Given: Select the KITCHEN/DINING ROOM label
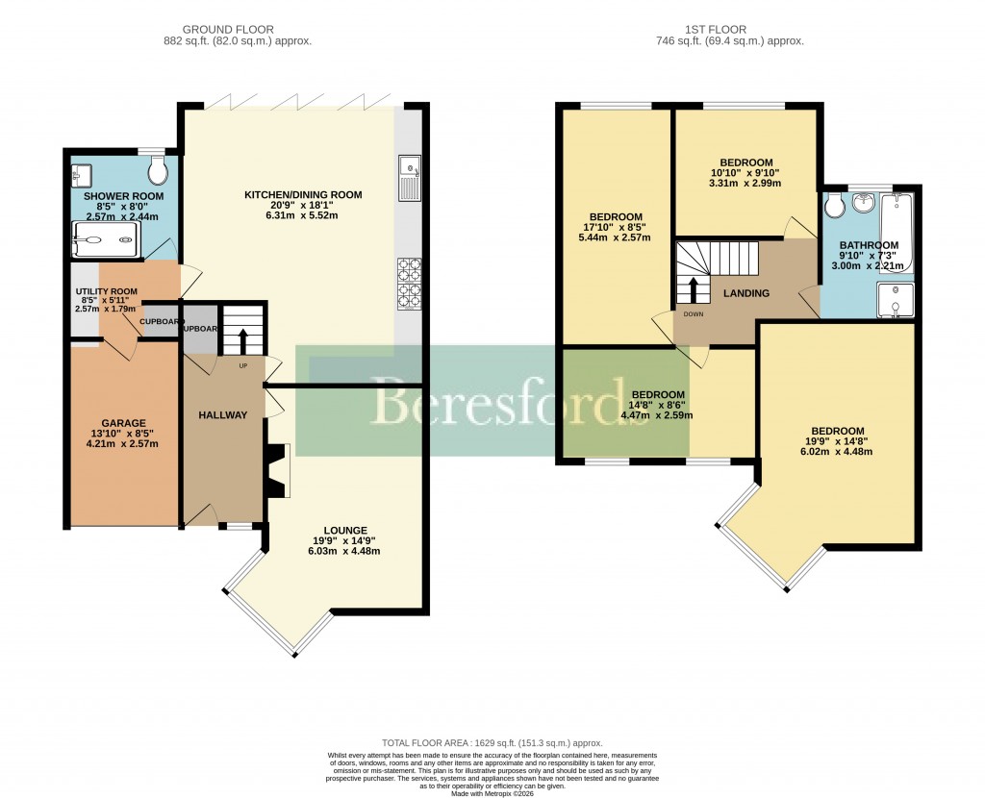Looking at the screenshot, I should click(303, 195).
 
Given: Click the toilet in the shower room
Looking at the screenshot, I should click(159, 172).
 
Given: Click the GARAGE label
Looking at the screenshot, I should click(123, 423).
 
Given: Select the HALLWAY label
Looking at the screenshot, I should click(223, 415).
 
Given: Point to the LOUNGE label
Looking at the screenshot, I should click(344, 530).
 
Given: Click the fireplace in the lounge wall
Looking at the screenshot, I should click(279, 471).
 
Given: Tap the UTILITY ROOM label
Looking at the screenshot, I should click(106, 291).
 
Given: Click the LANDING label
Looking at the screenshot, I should click(747, 293).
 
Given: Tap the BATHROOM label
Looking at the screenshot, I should click(869, 245).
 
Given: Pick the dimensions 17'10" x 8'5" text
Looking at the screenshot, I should click(617, 228).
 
